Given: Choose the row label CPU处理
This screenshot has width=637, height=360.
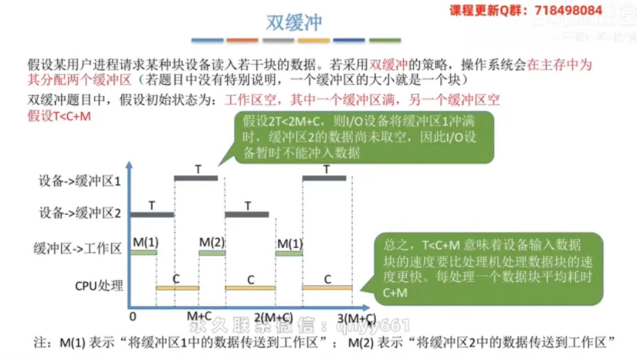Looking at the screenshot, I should tap(97, 285).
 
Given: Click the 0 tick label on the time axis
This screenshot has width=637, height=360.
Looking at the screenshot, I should tap(133, 316).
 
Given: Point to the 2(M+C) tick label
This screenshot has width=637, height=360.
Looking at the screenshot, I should tap(273, 317).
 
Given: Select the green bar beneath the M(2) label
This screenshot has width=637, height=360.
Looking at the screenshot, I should tap(212, 253).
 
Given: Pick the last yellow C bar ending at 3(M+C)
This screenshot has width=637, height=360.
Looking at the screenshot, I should tap(327, 287).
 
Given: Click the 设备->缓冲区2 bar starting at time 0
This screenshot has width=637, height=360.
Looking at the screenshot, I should tap(151, 214).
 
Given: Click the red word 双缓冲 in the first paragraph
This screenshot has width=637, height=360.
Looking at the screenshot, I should tap(388, 65).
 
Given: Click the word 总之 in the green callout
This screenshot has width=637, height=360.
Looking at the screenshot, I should tap(395, 245).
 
